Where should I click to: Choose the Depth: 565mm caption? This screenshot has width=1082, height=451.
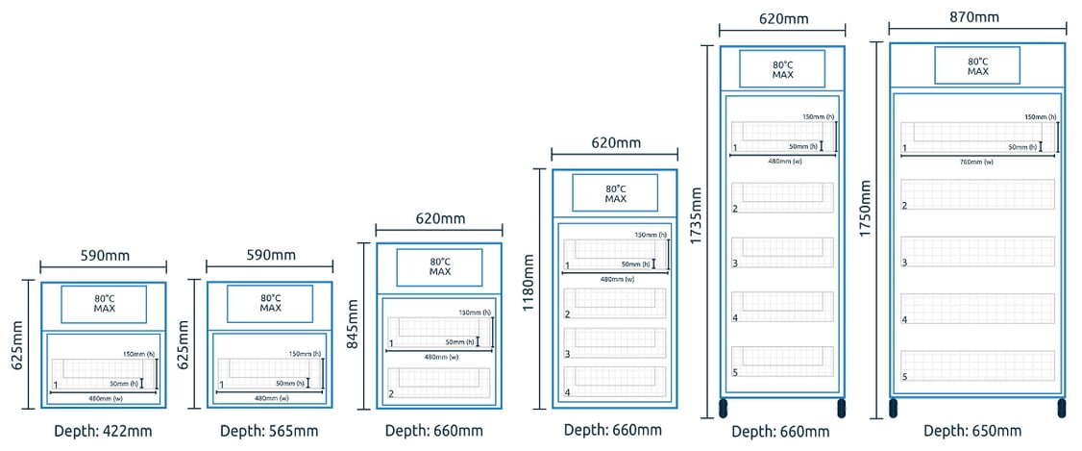tap(269, 431)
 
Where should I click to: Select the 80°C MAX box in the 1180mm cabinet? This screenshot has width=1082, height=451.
tap(615, 193)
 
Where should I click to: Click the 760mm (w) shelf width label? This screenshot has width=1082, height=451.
tap(977, 162)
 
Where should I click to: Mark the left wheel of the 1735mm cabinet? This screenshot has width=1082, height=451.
tap(723, 408)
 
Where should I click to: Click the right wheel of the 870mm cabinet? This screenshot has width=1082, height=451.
tap(1062, 408)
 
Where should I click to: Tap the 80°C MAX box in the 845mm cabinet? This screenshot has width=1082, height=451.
tap(439, 267)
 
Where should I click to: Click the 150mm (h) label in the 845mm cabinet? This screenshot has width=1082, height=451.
tap(474, 313)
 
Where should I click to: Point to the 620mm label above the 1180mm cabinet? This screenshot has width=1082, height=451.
tap(615, 143)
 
